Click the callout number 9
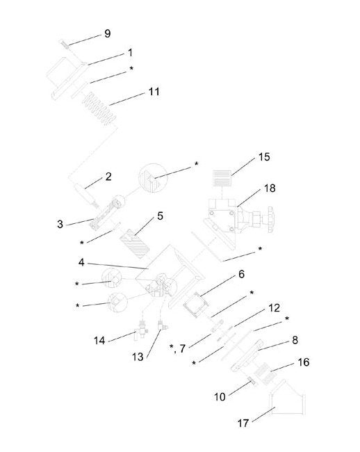(107, 33)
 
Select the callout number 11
(154, 92)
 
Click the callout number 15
(264, 157)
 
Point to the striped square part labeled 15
(222, 178)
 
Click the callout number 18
(270, 188)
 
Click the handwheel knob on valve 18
(271, 219)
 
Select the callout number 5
(160, 216)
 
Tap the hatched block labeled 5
(135, 243)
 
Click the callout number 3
(60, 224)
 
